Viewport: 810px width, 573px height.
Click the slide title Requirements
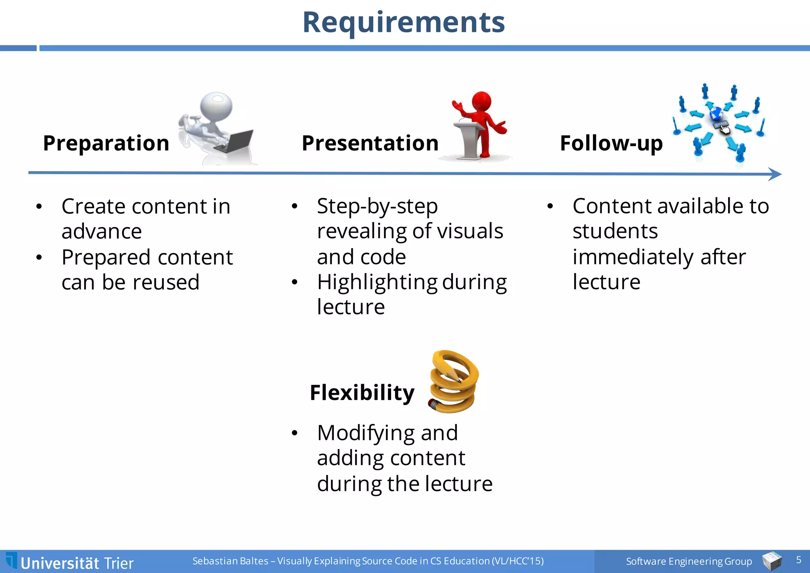(404, 23)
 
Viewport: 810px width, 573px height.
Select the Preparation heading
(106, 143)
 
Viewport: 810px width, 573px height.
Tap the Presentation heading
(370, 143)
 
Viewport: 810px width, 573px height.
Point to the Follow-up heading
(611, 143)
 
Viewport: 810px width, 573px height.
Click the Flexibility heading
(362, 393)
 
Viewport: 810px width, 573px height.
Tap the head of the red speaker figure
(481, 102)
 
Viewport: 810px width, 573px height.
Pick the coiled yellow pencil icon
(454, 382)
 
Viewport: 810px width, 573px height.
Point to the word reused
(166, 283)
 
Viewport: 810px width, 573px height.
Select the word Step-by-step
(377, 207)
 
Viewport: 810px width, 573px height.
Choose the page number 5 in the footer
(798, 560)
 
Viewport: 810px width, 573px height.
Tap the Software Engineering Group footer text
(689, 561)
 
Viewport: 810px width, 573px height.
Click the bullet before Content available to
(550, 206)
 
